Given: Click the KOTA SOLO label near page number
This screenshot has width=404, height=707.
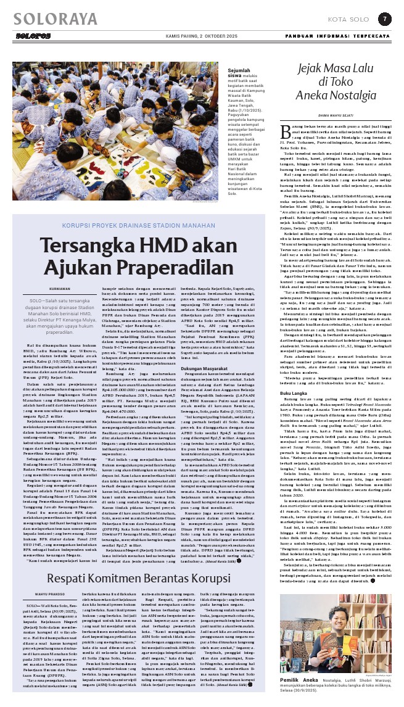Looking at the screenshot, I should (x=344, y=19).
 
